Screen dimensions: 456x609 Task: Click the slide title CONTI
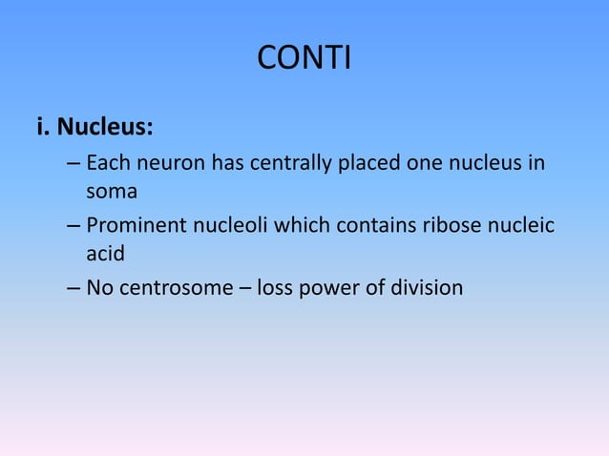click(304, 59)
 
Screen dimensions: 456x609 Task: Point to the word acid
click(105, 254)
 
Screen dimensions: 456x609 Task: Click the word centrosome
click(175, 288)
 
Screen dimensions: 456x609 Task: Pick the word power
click(328, 288)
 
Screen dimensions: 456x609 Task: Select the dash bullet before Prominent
click(73, 227)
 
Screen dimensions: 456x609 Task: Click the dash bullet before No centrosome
click(73, 288)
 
